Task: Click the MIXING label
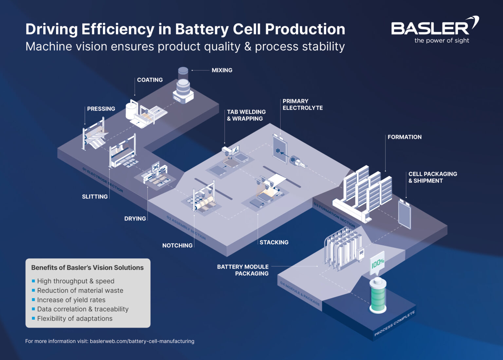tap(222, 70)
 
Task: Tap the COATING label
tap(150, 80)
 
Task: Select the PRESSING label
tap(101, 109)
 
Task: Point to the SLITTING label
tap(95, 197)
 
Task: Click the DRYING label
tap(135, 218)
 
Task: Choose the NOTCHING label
tap(177, 245)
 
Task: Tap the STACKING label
tap(274, 242)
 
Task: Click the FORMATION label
tap(404, 137)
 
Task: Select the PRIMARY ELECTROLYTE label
tap(302, 104)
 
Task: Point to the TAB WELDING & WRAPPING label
tap(246, 115)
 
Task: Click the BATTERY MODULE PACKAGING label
tap(243, 270)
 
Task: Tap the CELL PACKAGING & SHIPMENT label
tap(432, 177)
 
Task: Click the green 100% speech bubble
tap(377, 263)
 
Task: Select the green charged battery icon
tap(378, 296)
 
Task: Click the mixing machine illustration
tap(183, 86)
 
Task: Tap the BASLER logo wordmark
tap(430, 28)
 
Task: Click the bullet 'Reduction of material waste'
tap(80, 291)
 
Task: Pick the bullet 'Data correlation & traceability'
tap(83, 309)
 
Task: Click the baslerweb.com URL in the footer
tap(142, 341)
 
